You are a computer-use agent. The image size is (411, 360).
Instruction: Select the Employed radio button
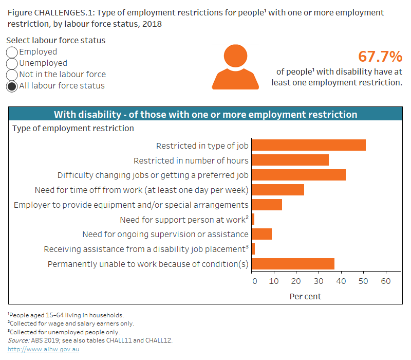tap(12, 52)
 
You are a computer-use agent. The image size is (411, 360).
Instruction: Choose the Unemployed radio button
tap(12, 63)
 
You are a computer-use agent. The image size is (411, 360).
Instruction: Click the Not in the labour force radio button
tap(12, 75)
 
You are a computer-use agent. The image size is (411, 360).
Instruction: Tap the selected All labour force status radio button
tap(12, 86)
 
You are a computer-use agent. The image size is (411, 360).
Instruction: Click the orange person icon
tap(235, 67)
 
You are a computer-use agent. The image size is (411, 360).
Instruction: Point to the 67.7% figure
tap(380, 57)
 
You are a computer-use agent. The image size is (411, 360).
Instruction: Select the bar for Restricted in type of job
tap(308, 146)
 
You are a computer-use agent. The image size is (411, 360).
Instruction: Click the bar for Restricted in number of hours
tap(290, 160)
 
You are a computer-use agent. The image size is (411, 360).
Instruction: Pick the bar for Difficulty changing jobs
tap(298, 175)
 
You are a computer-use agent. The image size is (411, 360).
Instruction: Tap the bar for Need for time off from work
tap(277, 190)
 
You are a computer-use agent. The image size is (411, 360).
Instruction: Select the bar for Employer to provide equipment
tap(267, 205)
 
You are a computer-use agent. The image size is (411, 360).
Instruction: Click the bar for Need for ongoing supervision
tap(261, 235)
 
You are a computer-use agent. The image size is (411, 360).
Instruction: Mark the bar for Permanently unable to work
tap(293, 264)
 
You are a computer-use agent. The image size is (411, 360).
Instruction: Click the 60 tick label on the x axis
tap(385, 281)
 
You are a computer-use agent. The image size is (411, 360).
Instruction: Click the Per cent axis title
tap(305, 296)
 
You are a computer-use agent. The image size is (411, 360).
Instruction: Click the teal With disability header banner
tap(206, 114)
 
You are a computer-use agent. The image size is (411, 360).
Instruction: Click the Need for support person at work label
tap(184, 220)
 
